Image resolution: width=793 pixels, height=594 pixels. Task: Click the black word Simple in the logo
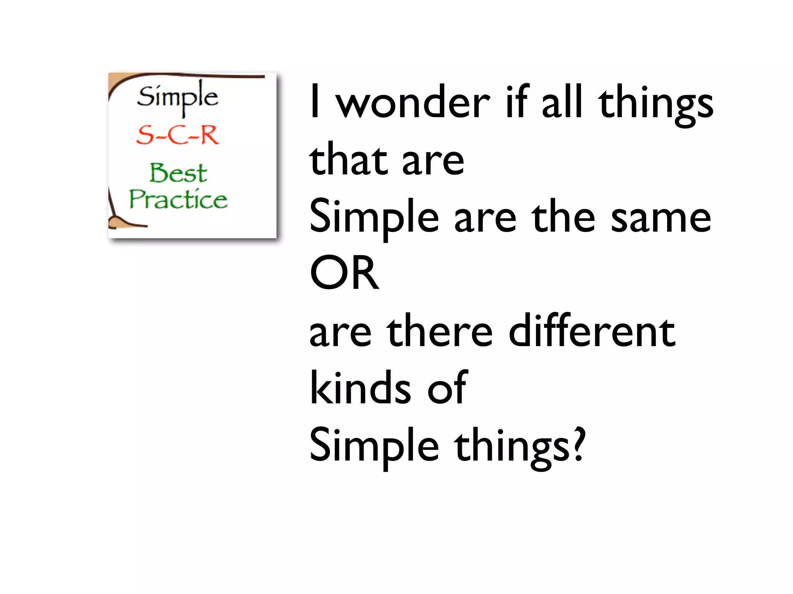pos(178,97)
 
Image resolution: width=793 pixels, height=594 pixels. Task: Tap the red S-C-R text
pos(178,135)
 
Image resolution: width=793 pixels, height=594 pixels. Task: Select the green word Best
pos(179,173)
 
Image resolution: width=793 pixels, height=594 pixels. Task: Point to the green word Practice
pos(179,200)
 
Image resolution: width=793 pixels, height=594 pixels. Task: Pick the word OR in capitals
pos(344,273)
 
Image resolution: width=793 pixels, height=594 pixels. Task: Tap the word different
pos(592,331)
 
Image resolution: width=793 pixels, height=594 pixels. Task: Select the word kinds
pos(360,388)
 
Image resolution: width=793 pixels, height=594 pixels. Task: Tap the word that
pos(348,159)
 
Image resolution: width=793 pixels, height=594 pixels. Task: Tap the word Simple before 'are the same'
pos(374,218)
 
